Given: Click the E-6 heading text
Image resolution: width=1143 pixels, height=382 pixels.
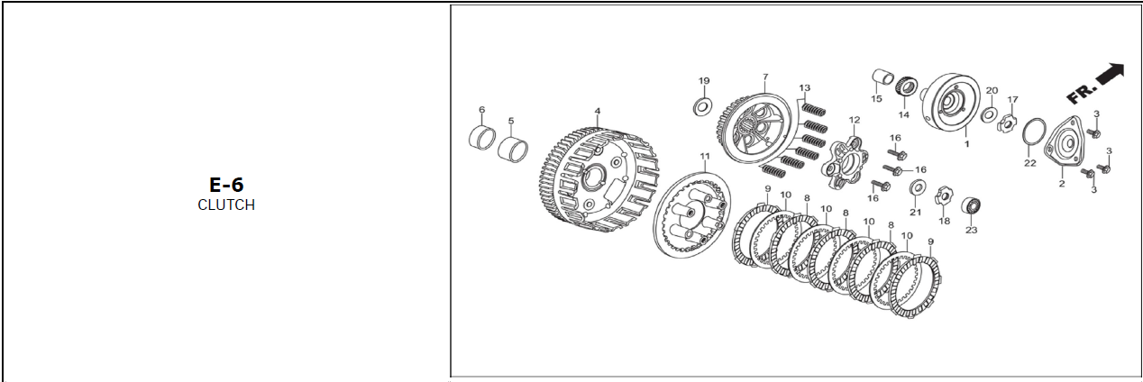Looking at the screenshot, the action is [x=226, y=185].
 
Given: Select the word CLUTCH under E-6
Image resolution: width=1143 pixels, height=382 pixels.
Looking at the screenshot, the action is [x=226, y=205].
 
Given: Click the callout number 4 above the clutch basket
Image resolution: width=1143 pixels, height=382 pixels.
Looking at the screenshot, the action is [x=598, y=111].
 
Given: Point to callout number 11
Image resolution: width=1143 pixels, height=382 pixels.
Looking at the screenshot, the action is [x=705, y=156].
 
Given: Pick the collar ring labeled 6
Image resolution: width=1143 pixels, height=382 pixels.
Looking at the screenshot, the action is [x=481, y=137].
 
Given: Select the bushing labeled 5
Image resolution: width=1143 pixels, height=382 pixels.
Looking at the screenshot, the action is [x=513, y=150].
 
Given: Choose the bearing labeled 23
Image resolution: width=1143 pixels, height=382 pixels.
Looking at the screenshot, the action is [x=971, y=206].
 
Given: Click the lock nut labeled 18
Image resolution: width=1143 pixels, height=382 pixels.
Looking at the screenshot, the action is [x=945, y=196].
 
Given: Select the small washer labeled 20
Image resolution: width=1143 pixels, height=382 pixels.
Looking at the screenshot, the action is [x=990, y=114].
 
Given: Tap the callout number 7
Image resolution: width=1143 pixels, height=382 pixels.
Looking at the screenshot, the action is [x=765, y=77].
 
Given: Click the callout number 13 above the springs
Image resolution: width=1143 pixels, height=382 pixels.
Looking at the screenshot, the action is [x=805, y=87].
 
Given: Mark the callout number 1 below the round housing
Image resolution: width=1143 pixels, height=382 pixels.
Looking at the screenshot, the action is [x=966, y=144].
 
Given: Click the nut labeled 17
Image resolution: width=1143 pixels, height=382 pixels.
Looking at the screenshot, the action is [x=1008, y=123].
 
